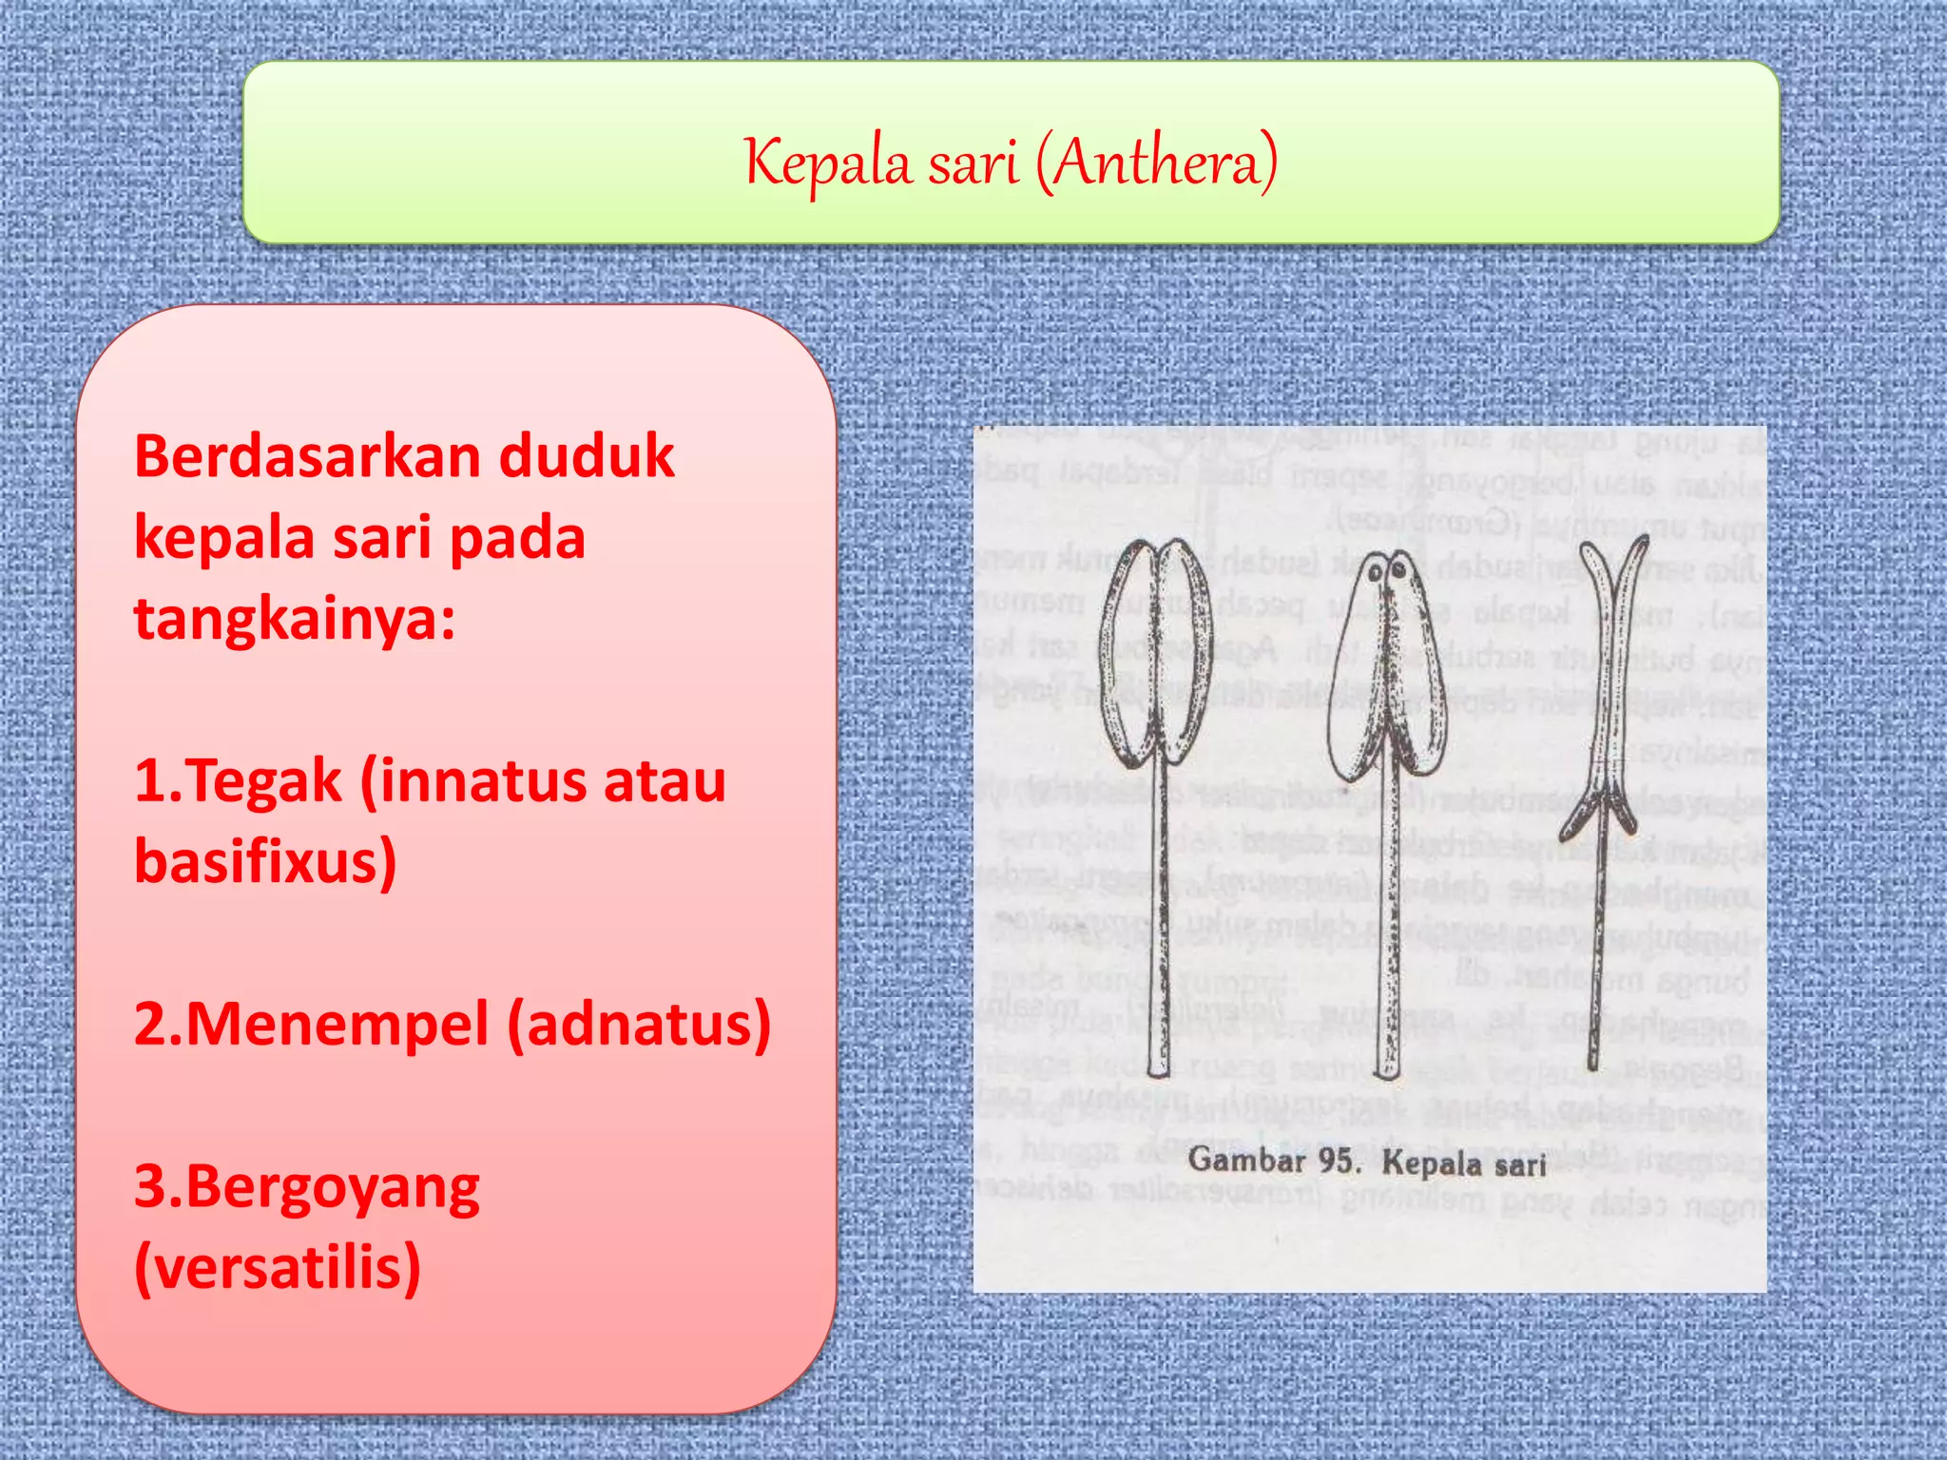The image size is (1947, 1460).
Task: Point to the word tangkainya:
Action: click(x=295, y=619)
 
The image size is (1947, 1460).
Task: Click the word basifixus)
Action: click(x=265, y=861)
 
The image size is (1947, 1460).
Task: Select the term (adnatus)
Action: click(x=639, y=1025)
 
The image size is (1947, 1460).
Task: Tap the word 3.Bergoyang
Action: click(x=306, y=1188)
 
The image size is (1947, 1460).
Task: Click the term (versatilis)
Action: click(x=278, y=1268)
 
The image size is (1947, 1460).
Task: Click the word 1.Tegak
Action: click(x=238, y=782)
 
